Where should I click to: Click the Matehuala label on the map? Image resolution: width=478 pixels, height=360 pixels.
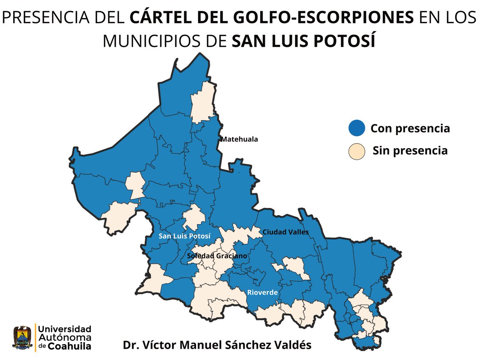pyautogui.click(x=239, y=139)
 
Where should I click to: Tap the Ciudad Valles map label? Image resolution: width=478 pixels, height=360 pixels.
pyautogui.click(x=286, y=232)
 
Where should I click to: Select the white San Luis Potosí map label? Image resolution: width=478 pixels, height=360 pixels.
pyautogui.click(x=184, y=236)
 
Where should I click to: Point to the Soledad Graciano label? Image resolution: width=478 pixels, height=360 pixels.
pyautogui.click(x=217, y=256)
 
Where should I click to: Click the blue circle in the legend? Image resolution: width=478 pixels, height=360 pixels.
pyautogui.click(x=357, y=128)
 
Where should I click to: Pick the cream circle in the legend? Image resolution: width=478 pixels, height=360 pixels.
pyautogui.click(x=357, y=151)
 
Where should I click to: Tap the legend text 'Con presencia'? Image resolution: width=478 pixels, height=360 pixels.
pyautogui.click(x=410, y=129)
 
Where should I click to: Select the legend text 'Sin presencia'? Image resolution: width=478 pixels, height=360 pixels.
pyautogui.click(x=410, y=151)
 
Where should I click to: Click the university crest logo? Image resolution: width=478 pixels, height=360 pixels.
pyautogui.click(x=22, y=338)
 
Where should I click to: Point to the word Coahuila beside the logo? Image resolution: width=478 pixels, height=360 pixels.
pyautogui.click(x=70, y=346)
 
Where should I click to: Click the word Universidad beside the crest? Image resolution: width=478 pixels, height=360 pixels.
pyautogui.click(x=65, y=329)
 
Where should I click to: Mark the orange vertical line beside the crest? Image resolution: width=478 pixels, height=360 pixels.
pyautogui.click(x=35, y=338)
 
